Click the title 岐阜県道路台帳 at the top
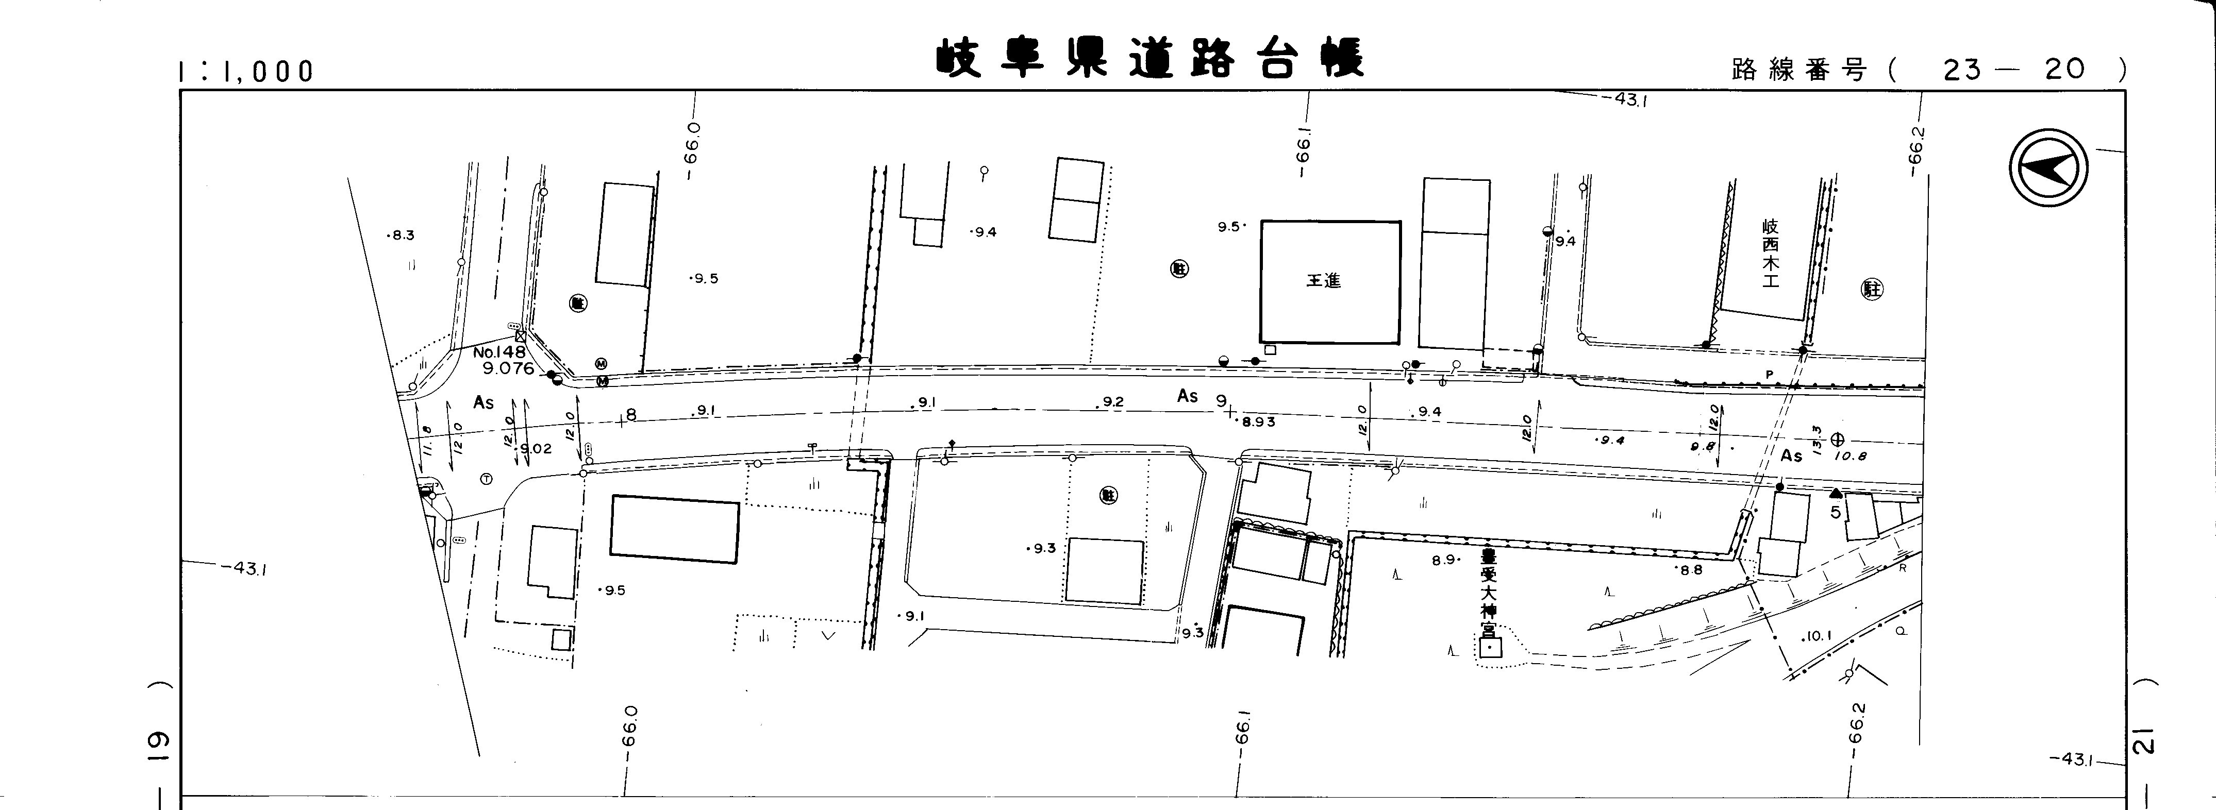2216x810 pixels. click(x=1149, y=58)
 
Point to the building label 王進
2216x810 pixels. click(x=1323, y=280)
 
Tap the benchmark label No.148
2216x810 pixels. click(x=499, y=352)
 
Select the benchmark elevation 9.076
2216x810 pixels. click(x=508, y=369)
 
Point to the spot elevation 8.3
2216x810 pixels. click(x=402, y=235)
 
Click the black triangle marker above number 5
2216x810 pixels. click(x=1836, y=493)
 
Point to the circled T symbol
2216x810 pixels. click(x=486, y=479)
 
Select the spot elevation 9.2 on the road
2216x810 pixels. click(x=1112, y=401)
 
